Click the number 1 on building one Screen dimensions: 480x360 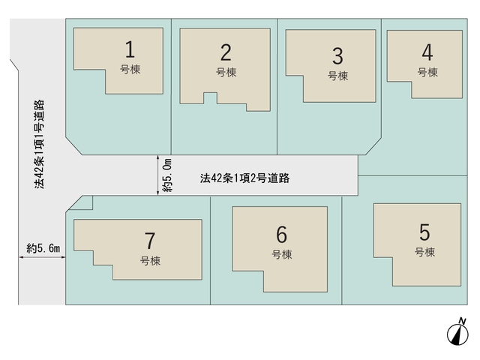click(130, 49)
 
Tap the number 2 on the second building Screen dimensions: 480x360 click(226, 52)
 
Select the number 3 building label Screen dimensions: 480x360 click(337, 56)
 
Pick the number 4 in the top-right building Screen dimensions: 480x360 click(427, 52)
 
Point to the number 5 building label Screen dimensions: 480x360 click(424, 232)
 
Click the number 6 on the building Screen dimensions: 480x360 click(282, 235)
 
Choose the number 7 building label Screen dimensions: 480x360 click(150, 241)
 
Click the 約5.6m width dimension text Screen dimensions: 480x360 click(43, 248)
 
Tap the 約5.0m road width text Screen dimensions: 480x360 click(168, 175)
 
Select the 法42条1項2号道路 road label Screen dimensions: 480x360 click(245, 178)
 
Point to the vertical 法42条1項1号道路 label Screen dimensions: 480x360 click(39, 144)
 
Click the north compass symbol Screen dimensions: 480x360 click(457, 334)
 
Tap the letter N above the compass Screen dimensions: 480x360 click(463, 321)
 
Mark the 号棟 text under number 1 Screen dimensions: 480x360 click(130, 70)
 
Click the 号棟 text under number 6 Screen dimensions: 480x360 click(282, 254)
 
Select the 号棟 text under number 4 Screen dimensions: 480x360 click(427, 73)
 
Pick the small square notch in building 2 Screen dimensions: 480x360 click(210, 98)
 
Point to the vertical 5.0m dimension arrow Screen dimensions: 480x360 click(158, 175)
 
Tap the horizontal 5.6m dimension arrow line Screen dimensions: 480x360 click(42, 257)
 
